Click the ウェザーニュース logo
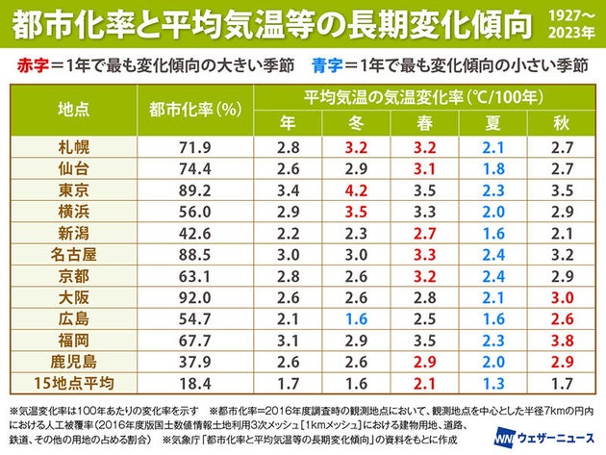[x=543, y=435]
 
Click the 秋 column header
[x=563, y=122]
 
